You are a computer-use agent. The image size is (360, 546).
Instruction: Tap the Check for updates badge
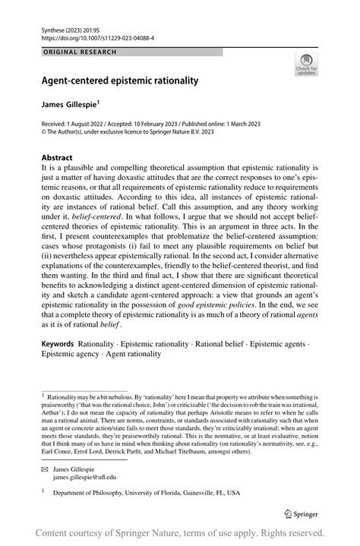pyautogui.click(x=307, y=65)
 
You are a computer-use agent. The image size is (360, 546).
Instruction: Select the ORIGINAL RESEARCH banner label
pyautogui.click(x=80, y=52)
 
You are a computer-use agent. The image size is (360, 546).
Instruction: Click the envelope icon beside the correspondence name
pyautogui.click(x=44, y=469)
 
